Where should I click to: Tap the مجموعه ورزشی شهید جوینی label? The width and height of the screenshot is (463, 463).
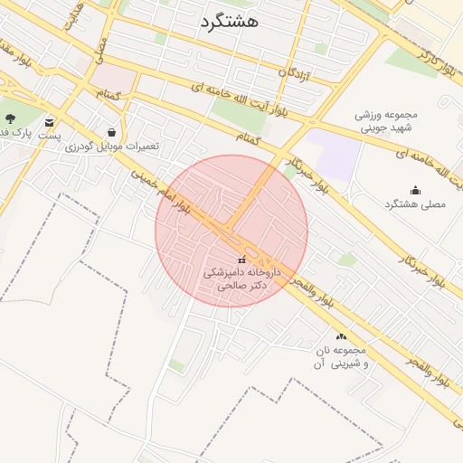tap(386, 121)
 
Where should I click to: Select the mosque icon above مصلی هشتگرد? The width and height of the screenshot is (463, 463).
tap(415, 190)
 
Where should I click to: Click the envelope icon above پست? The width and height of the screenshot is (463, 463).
tap(48, 122)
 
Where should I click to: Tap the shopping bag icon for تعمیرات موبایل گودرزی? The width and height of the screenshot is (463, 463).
tap(111, 132)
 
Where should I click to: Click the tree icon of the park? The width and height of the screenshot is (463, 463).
tap(10, 118)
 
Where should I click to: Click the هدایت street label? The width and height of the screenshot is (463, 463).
tap(74, 17)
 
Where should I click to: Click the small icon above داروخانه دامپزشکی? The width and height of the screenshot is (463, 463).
tap(240, 260)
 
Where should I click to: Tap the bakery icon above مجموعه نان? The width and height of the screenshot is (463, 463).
tap(341, 336)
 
